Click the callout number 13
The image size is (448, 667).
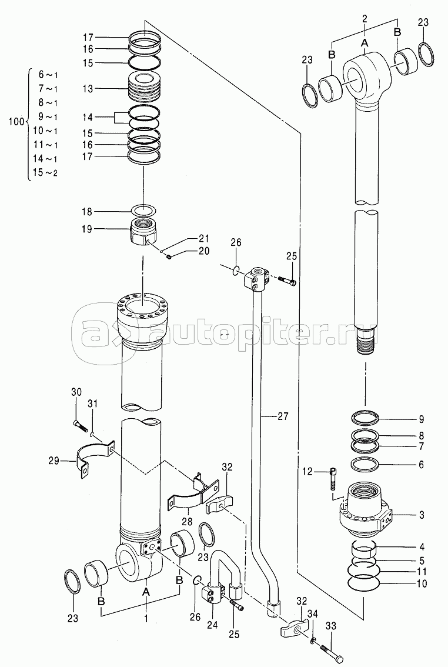[x=88, y=89]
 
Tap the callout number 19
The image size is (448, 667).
[x=86, y=229]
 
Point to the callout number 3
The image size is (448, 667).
[x=421, y=515]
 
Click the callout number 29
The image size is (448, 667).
[x=54, y=461]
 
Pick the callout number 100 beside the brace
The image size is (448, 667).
[x=16, y=122]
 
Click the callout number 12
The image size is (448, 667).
[x=307, y=471]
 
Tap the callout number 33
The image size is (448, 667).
[x=330, y=626]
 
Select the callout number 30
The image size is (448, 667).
[x=76, y=392]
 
